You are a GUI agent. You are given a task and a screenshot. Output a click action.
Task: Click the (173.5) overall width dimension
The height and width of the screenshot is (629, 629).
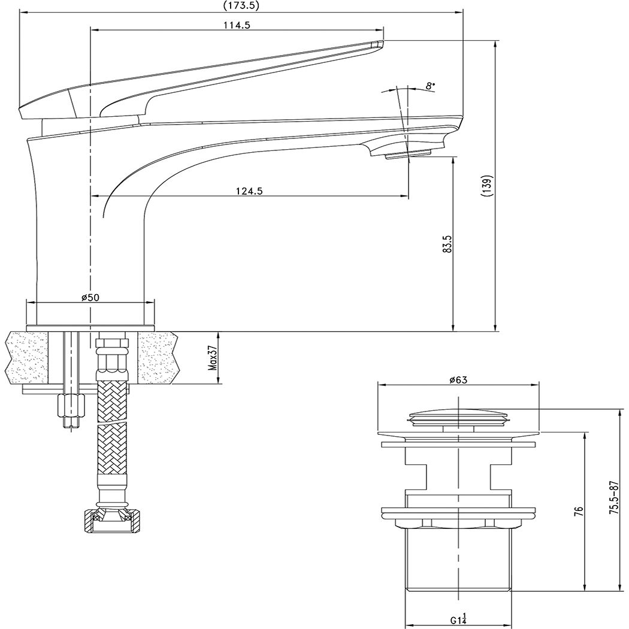tap(241, 6)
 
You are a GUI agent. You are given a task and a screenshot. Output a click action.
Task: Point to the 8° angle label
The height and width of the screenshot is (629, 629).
tap(430, 86)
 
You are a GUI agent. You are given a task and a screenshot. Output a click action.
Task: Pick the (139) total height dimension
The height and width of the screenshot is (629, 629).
tap(488, 186)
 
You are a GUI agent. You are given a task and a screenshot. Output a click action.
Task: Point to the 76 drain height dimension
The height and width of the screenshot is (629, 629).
tap(578, 511)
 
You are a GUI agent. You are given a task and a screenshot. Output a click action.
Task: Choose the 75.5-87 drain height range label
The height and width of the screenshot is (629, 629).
tap(613, 497)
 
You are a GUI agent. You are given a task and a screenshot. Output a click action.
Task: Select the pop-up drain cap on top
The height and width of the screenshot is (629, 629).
tap(458, 415)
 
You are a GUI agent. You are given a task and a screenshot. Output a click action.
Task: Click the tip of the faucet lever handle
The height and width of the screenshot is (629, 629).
tap(376, 44)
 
